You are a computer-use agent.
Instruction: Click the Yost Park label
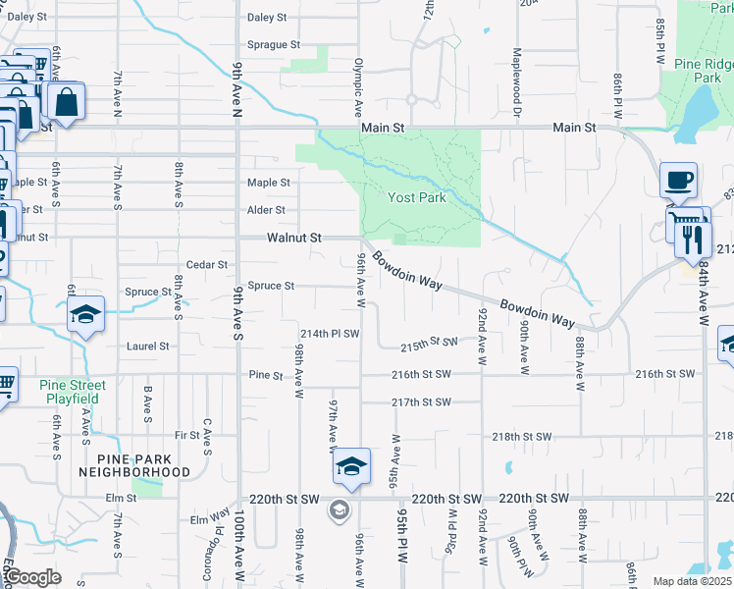click(x=417, y=197)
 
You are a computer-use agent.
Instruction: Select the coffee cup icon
click(x=678, y=181)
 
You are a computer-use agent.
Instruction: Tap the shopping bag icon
click(x=66, y=102)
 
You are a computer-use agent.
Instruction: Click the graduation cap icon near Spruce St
click(x=86, y=315)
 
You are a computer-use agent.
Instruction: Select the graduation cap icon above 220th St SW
click(x=350, y=466)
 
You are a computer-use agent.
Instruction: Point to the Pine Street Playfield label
click(x=74, y=392)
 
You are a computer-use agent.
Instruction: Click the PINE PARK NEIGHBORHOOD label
click(x=143, y=465)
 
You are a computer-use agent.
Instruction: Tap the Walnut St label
click(x=294, y=238)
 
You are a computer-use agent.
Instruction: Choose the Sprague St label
click(x=274, y=45)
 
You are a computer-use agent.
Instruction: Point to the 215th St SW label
click(x=430, y=343)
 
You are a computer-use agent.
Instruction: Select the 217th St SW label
click(x=421, y=402)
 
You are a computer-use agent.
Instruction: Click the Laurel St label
click(x=148, y=347)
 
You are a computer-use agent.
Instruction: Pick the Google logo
click(x=32, y=577)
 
